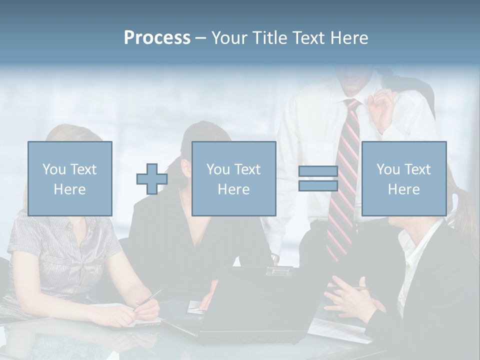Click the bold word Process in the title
pos(157,38)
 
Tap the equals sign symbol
pos(318,179)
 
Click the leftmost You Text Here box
pos(69,178)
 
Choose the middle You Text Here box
pos(233,178)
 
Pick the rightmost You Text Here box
pos(403,178)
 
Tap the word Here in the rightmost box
pos(403,189)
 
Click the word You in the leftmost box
pos(53,169)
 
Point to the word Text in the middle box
pos(246,169)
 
